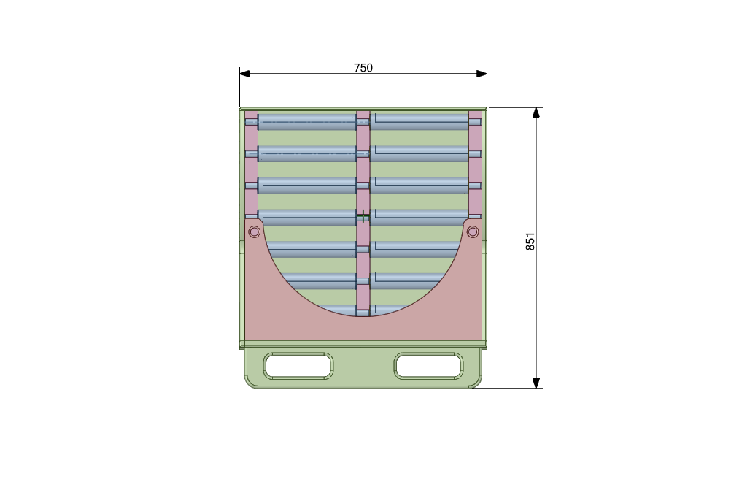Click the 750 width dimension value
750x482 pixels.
(x=363, y=68)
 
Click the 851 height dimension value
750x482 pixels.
(x=530, y=242)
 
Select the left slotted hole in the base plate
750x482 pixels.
(x=298, y=366)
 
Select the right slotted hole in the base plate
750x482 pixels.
(x=428, y=366)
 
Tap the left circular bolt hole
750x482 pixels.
(x=255, y=232)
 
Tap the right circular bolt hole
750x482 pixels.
(x=473, y=232)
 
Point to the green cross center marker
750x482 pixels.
(x=363, y=217)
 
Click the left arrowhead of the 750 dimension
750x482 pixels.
(x=245, y=74)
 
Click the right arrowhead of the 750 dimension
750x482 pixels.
(x=482, y=74)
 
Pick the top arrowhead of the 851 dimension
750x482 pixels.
(x=536, y=112)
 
